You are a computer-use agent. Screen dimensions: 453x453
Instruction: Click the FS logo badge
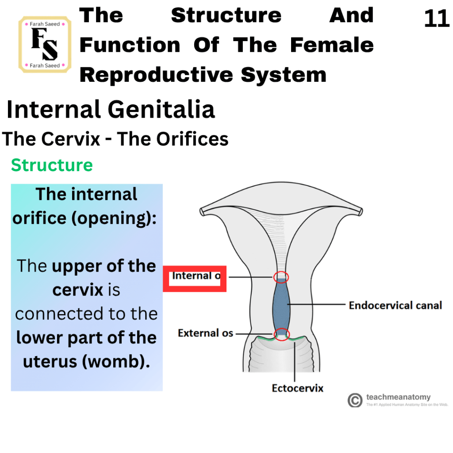pos(45,45)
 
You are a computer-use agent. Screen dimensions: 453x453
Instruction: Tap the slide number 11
pos(437,19)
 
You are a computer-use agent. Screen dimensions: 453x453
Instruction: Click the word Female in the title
pos(332,45)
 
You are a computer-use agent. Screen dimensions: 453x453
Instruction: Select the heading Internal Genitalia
pos(111,109)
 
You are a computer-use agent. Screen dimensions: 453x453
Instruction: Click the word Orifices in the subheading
pos(192,139)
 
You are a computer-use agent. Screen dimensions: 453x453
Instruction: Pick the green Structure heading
pos(52,165)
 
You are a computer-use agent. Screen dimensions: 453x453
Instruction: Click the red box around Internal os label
pos(195,279)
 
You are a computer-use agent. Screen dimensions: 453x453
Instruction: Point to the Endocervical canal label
pos(395,305)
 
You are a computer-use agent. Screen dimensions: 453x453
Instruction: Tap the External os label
pos(205,333)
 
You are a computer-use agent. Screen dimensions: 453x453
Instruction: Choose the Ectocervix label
pos(298,388)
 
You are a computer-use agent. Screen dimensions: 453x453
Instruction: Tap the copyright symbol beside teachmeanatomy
pos(355,400)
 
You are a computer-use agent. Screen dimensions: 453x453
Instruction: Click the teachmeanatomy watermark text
pos(399,397)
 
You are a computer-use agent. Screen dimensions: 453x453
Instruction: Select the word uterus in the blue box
pos(50,362)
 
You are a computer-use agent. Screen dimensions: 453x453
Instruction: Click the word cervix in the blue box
pos(78,290)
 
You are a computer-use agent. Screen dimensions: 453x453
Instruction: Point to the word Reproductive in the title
pos(157,75)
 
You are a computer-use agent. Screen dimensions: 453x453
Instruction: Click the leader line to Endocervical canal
pos(316,304)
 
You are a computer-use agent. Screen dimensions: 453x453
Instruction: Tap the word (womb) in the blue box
pos(116,362)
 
